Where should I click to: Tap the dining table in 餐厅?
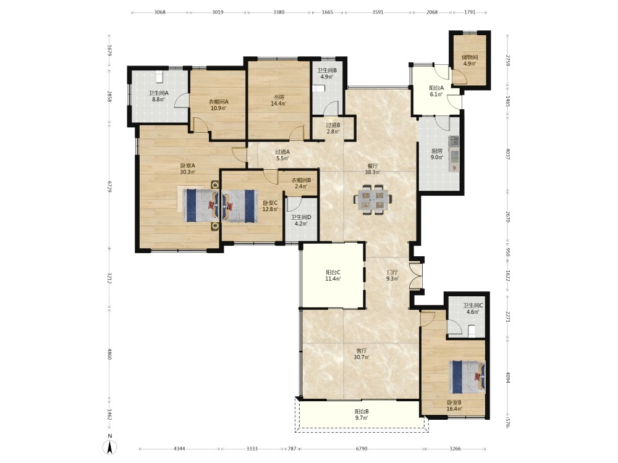click(x=373, y=199)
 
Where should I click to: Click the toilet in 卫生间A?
click(x=159, y=77)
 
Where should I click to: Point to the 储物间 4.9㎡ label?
click(x=470, y=60)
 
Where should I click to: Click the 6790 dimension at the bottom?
click(x=362, y=448)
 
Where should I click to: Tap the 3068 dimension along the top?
click(x=159, y=12)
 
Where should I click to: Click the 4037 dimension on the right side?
click(x=507, y=154)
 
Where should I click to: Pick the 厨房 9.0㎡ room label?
click(x=437, y=154)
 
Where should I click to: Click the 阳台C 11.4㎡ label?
click(x=333, y=275)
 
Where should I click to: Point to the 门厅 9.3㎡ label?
click(x=392, y=275)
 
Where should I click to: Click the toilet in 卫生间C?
click(x=472, y=331)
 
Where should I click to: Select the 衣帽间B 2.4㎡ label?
click(x=301, y=183)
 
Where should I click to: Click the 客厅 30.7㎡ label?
click(x=362, y=354)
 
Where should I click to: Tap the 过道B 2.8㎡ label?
click(x=333, y=128)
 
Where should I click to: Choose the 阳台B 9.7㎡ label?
click(x=362, y=415)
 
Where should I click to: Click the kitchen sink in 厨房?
click(x=454, y=141)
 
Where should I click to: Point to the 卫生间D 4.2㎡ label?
click(x=301, y=220)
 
